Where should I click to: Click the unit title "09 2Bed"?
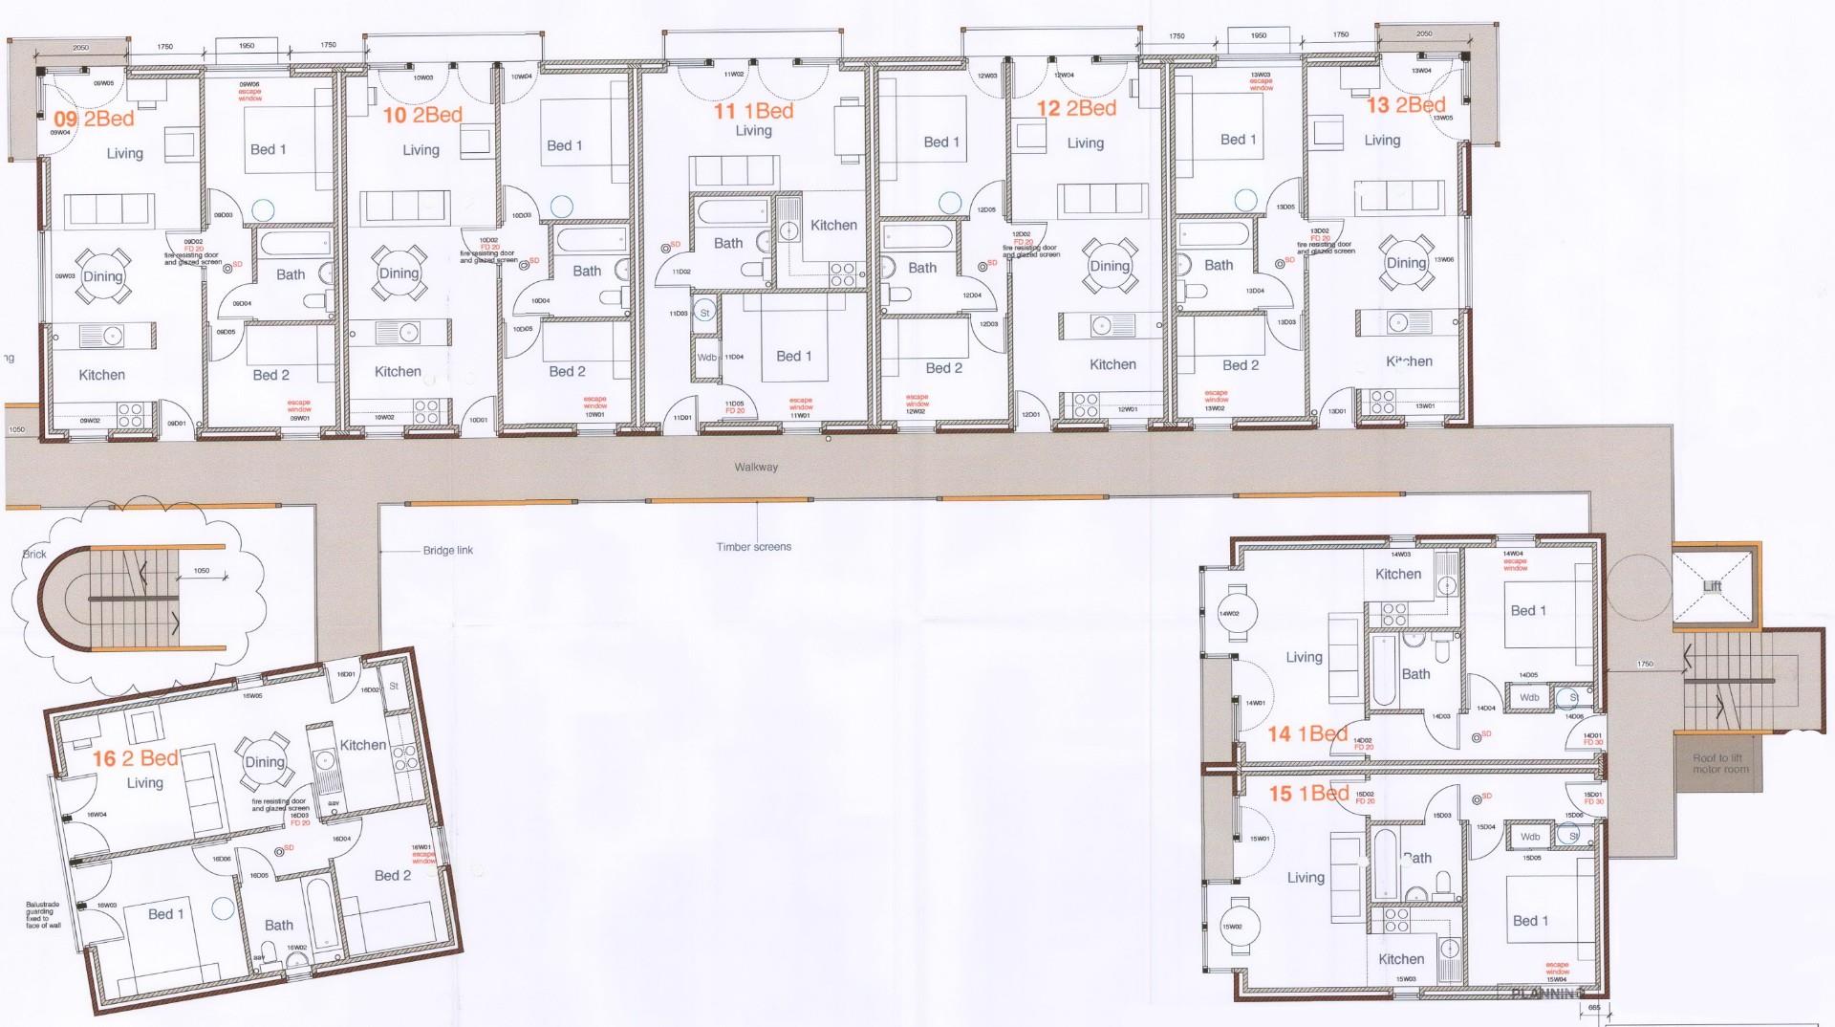pyautogui.click(x=94, y=120)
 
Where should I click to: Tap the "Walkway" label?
pyautogui.click(x=756, y=468)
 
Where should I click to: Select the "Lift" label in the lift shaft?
pyautogui.click(x=1712, y=586)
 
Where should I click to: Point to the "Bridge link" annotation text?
pyautogui.click(x=447, y=551)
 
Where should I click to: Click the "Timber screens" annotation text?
pyautogui.click(x=753, y=547)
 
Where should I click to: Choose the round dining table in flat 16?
pyautogui.click(x=265, y=762)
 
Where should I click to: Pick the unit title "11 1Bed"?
pyautogui.click(x=753, y=111)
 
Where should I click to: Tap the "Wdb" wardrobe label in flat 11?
pyautogui.click(x=707, y=358)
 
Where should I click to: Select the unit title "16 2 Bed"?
pyautogui.click(x=136, y=758)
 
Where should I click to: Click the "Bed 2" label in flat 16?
pyautogui.click(x=393, y=875)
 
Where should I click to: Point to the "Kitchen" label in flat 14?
pyautogui.click(x=1398, y=574)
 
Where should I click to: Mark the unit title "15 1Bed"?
pyautogui.click(x=1308, y=794)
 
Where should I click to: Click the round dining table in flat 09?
pyautogui.click(x=102, y=276)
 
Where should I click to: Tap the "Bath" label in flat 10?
pyautogui.click(x=587, y=271)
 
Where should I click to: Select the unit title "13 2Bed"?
pyautogui.click(x=1406, y=105)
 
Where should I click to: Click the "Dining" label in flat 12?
pyautogui.click(x=1110, y=266)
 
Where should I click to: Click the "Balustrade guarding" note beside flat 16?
pyautogui.click(x=43, y=914)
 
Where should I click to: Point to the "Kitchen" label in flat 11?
pyautogui.click(x=833, y=226)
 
